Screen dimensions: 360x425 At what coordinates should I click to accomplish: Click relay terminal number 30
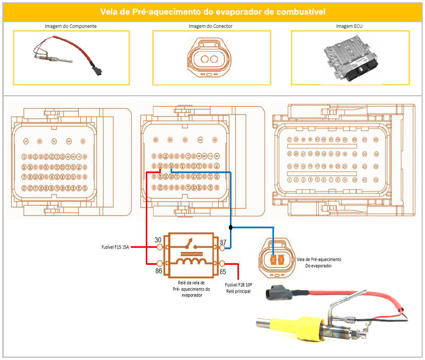[160, 247]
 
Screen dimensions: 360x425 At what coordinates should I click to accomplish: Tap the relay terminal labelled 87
[222, 248]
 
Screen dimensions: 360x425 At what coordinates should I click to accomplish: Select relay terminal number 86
[160, 263]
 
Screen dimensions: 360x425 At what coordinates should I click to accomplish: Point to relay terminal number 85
[222, 263]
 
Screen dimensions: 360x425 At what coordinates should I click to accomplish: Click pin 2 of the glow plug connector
[273, 260]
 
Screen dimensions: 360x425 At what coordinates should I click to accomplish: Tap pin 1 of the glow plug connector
[281, 260]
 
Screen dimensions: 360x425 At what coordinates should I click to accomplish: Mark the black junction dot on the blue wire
[230, 227]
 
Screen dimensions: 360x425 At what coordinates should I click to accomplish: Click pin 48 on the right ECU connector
[376, 140]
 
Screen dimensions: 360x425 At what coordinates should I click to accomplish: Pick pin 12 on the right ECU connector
[376, 180]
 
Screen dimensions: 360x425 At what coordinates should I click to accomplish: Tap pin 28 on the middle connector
[160, 166]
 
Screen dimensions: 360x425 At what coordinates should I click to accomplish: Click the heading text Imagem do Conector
[210, 26]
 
